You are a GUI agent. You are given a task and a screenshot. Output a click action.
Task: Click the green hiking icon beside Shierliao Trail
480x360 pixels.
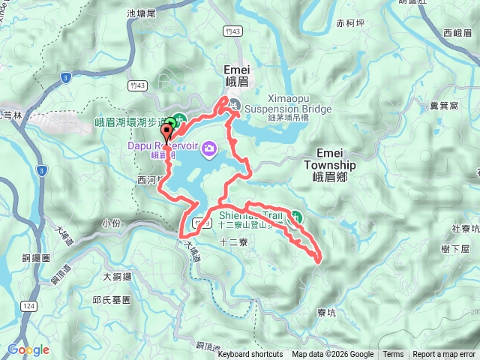click(x=297, y=216)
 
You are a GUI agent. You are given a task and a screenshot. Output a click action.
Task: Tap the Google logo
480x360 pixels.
click(x=28, y=349)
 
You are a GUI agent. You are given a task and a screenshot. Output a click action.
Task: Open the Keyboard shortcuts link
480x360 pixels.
click(x=250, y=355)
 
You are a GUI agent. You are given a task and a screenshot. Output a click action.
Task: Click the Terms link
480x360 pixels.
click(x=393, y=355)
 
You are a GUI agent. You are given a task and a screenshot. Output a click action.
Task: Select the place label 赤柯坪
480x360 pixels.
click(x=350, y=23)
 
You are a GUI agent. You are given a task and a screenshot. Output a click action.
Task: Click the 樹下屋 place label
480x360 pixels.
click(x=455, y=248)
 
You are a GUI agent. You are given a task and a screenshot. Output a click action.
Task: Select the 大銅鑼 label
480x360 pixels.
click(x=117, y=276)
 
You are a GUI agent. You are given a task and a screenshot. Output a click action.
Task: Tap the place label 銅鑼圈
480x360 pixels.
click(x=35, y=257)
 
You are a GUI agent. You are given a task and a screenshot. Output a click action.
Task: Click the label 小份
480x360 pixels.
click(x=109, y=223)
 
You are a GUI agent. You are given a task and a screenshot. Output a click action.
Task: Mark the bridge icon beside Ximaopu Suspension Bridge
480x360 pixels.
click(x=235, y=105)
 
